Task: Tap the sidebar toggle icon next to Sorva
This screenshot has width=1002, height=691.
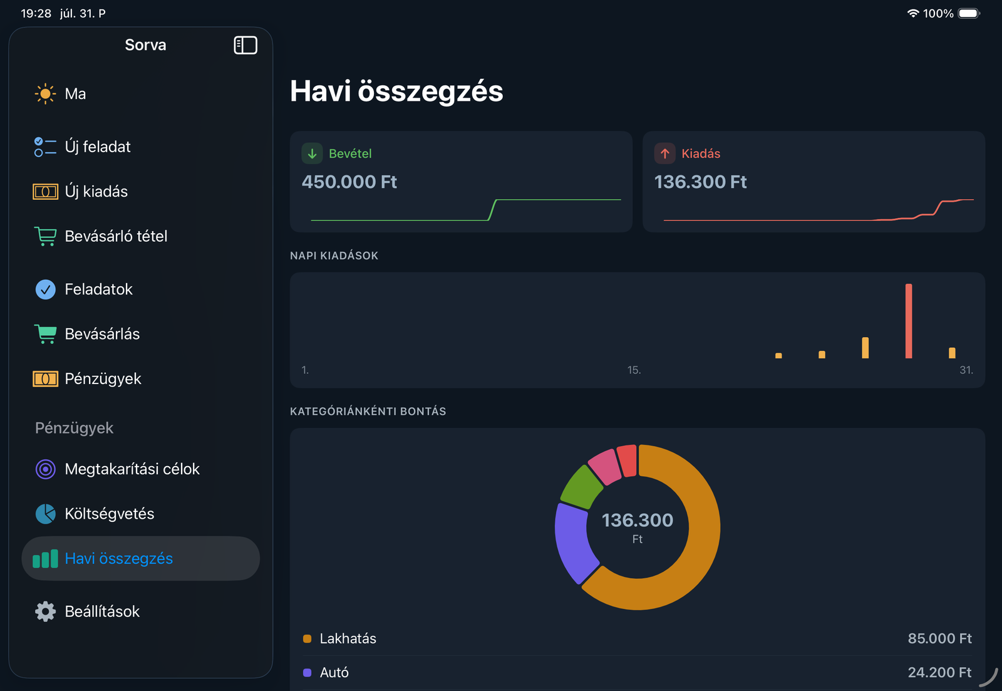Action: [245, 45]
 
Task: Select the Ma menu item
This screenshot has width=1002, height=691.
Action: [75, 94]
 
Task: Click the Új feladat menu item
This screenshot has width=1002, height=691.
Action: [98, 147]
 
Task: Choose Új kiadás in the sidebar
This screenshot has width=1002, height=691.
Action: [96, 192]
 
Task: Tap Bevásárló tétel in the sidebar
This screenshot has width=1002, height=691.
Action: [116, 236]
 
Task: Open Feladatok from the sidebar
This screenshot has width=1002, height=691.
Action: [98, 289]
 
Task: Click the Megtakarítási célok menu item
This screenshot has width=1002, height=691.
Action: [132, 469]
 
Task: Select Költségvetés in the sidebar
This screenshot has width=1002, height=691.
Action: [109, 514]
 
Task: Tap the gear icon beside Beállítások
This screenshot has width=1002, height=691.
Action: [45, 611]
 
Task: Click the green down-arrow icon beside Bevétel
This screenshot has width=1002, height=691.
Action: [312, 153]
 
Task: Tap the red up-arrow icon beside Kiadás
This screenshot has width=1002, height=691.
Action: [664, 153]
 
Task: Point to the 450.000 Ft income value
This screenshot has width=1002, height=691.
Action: [349, 182]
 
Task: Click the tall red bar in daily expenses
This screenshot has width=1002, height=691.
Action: [909, 321]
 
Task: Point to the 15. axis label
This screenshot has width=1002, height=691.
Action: [634, 370]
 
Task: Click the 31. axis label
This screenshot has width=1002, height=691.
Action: [966, 370]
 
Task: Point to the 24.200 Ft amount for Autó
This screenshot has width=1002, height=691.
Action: [939, 672]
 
